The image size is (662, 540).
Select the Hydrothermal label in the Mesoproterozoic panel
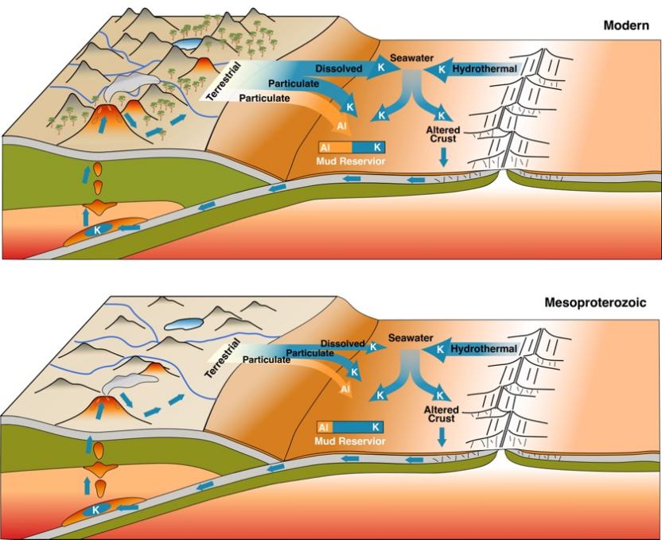[x=484, y=348]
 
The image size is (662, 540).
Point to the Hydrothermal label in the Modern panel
[x=484, y=69]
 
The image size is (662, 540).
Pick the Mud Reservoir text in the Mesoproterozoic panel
[x=351, y=441]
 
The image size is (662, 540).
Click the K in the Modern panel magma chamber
[x=97, y=228]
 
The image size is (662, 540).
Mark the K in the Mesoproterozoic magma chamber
[x=96, y=509]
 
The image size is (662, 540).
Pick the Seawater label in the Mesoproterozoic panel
[x=410, y=338]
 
